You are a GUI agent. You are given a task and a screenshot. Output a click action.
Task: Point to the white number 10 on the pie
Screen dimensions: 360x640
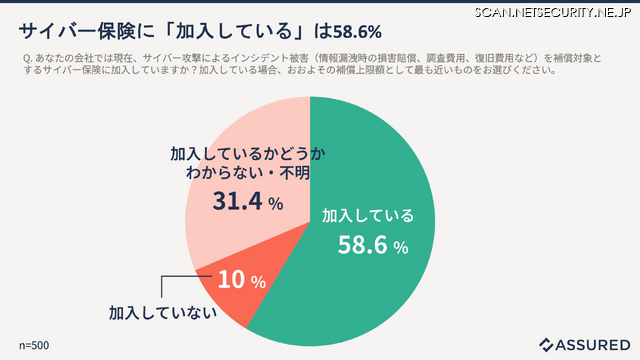coord(231,280)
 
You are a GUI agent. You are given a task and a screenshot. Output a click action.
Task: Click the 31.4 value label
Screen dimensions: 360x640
coord(237,202)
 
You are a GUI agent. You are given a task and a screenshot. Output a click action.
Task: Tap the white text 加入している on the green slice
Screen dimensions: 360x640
coord(366,215)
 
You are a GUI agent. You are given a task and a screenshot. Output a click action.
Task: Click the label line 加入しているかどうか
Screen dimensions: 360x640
coord(240,154)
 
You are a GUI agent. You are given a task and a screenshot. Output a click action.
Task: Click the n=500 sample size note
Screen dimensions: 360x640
coord(35,345)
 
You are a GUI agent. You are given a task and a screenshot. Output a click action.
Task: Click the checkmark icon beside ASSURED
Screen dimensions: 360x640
coord(546,344)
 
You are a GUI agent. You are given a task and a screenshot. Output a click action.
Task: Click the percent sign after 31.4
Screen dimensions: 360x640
coord(275,204)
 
